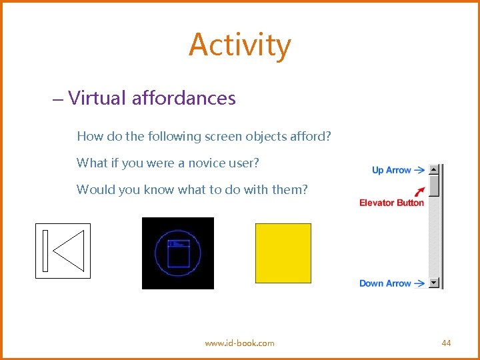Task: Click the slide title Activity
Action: tap(239, 45)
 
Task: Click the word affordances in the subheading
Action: tap(184, 98)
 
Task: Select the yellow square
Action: tap(283, 253)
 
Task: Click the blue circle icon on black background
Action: tap(178, 253)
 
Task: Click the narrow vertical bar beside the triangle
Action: tap(45, 251)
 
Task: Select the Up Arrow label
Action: tap(391, 170)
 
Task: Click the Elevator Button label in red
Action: tap(391, 203)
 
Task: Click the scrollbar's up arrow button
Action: tap(435, 170)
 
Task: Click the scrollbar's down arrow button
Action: tap(435, 283)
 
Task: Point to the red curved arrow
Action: tap(419, 190)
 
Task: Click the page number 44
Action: tap(446, 343)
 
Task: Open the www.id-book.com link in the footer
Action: tap(239, 343)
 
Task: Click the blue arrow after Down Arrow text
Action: tap(419, 283)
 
